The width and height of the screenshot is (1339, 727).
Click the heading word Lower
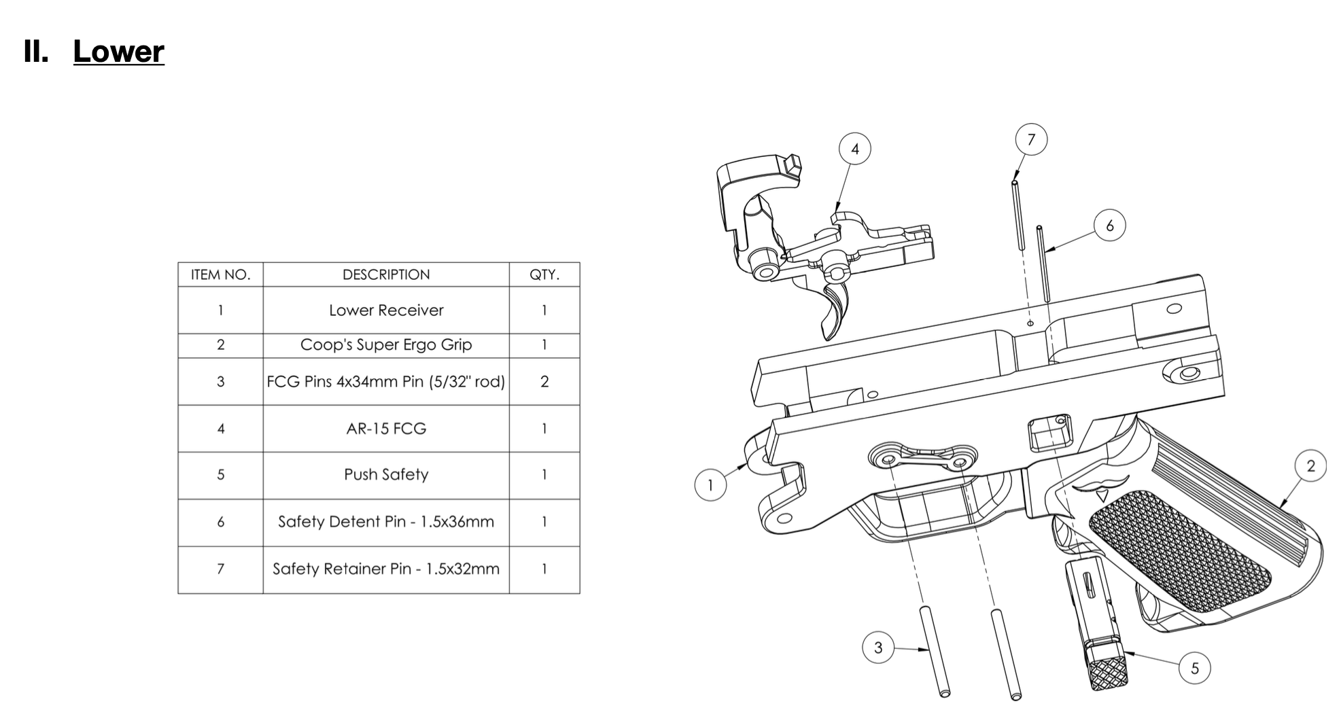pos(118,51)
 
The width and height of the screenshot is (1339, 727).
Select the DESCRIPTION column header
pos(386,274)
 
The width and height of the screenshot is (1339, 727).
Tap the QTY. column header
pos(544,274)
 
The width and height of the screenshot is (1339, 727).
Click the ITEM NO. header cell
pos(220,274)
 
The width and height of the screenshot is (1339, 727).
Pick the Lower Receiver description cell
pos(386,310)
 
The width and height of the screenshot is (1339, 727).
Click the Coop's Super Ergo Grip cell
pos(386,344)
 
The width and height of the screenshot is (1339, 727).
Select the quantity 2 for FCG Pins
pos(544,381)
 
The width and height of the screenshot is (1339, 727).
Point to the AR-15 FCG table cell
pos(386,428)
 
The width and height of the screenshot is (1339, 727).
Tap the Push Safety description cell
pos(386,474)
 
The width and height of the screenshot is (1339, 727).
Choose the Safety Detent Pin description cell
pos(386,521)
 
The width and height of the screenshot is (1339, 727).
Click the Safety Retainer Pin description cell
pos(386,569)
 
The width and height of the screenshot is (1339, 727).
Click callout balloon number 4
pos(854,149)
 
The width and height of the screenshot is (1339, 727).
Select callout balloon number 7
pos(1031,139)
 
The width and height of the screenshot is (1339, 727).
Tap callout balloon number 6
pos(1109,226)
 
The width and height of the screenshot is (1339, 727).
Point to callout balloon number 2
pos(1310,465)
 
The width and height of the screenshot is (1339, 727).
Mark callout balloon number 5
pos(1194,668)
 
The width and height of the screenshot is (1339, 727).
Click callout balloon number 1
pos(710,485)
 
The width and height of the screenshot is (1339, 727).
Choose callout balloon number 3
pos(878,648)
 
